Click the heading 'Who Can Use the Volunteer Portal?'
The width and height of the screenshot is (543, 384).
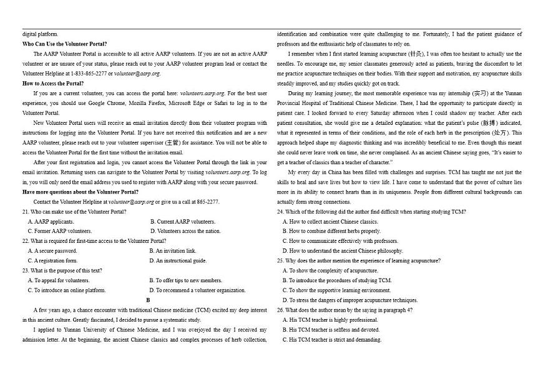click(x=64, y=44)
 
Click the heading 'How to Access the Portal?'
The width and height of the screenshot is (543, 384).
click(x=53, y=83)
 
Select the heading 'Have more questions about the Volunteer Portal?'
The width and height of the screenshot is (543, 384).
click(x=81, y=192)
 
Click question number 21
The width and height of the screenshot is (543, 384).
click(x=25, y=212)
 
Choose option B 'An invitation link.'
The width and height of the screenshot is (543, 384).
click(x=173, y=251)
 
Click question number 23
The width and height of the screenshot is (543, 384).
click(x=25, y=270)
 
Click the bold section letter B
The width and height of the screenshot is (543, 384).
click(x=148, y=300)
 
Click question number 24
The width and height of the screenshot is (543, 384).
click(x=280, y=212)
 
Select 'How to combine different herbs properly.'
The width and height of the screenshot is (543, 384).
click(x=331, y=231)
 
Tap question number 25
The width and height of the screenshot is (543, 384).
click(x=280, y=260)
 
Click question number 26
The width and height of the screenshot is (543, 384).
click(x=280, y=310)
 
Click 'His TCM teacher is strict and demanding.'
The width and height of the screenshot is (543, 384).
click(x=331, y=340)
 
